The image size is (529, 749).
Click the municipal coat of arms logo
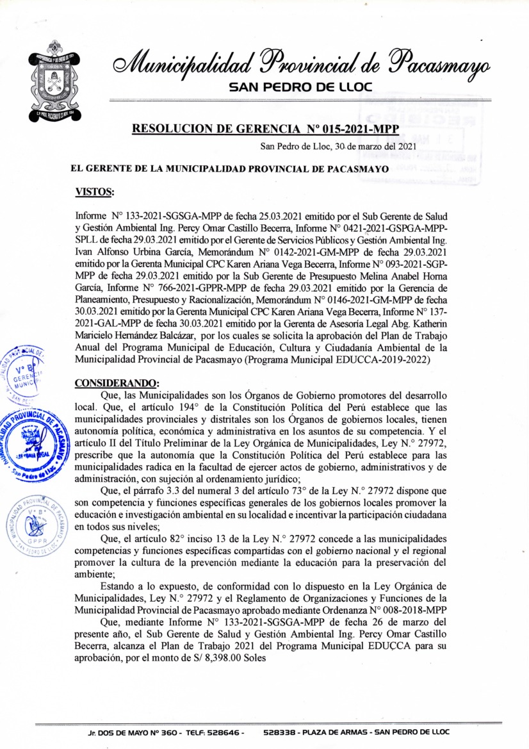click(54, 80)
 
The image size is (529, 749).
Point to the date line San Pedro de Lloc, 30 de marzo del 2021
click(338, 147)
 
